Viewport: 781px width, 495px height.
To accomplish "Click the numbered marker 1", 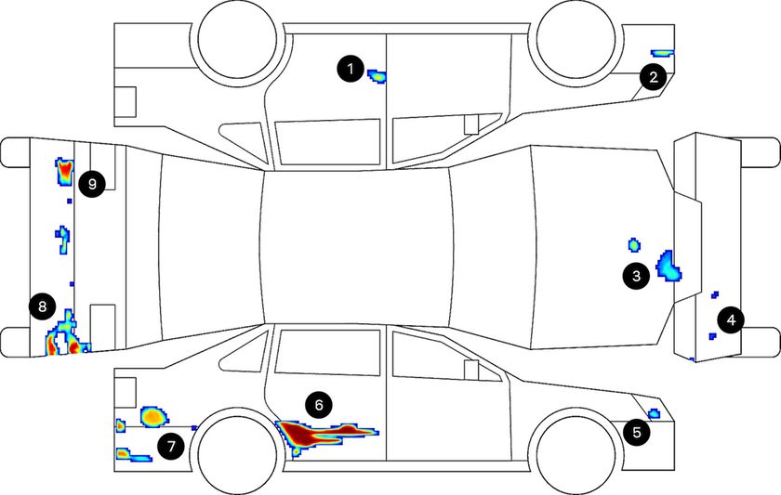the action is coord(351,68).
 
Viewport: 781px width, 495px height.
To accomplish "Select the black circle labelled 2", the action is coord(653,77).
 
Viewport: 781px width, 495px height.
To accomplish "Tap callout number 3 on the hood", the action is coord(636,276).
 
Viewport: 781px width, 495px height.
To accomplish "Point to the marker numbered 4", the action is coord(731,319).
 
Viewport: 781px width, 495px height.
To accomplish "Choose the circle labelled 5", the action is coord(637,433).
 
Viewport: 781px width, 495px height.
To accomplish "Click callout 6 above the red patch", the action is coord(319,405).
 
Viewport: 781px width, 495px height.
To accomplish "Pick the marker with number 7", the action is coord(171,447).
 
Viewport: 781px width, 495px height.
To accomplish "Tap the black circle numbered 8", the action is coord(42,306).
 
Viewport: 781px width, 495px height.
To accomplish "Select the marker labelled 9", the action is coord(92,184).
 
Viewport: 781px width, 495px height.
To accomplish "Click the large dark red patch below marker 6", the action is coord(309,434).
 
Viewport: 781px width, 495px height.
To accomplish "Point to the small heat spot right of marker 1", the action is coord(377,76).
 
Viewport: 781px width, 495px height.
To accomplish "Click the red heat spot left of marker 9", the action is coord(65,172).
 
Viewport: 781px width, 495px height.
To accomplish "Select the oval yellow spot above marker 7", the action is coord(154,416).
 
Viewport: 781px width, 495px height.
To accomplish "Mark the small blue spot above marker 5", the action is coord(654,413).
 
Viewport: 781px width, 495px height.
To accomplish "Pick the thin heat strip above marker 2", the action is coord(662,52).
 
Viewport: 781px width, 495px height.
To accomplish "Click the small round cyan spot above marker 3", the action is coord(633,245).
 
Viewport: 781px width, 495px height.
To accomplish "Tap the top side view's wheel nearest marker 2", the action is coord(576,39).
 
